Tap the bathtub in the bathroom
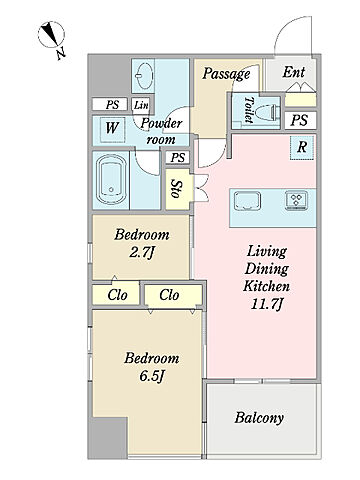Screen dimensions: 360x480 click(111, 180)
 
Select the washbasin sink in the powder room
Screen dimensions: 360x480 click(144, 76)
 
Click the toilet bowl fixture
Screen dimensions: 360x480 click(267, 113)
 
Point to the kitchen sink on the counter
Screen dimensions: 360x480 click(247, 201)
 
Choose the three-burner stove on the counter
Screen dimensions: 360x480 click(296, 201)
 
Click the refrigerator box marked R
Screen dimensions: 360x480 click(302, 147)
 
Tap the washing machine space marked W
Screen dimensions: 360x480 click(112, 128)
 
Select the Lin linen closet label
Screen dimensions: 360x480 click(141, 105)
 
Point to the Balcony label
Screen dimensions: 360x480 click(259, 417)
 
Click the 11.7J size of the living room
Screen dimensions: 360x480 click(267, 304)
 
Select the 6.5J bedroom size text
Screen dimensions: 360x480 click(152, 376)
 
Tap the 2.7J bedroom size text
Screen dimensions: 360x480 click(142, 253)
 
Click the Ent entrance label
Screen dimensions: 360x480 click(294, 72)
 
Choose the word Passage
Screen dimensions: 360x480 click(226, 74)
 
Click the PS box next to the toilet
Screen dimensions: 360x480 click(299, 120)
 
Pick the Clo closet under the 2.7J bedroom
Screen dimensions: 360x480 click(117, 295)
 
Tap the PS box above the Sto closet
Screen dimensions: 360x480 click(178, 157)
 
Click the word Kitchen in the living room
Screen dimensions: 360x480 click(266, 286)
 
